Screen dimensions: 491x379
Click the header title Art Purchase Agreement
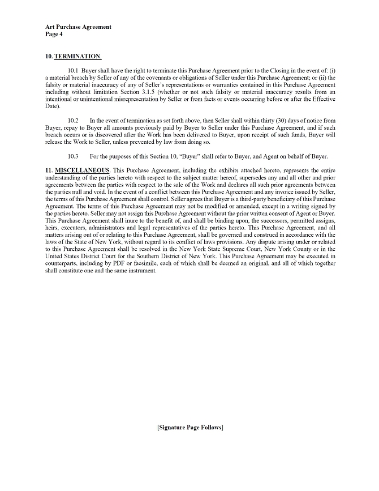click(x=78, y=27)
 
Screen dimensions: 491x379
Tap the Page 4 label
click(x=54, y=34)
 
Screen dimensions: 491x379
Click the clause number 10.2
click(x=73, y=121)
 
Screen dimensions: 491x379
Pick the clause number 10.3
click(x=73, y=156)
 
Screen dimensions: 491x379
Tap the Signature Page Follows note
click(x=189, y=427)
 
